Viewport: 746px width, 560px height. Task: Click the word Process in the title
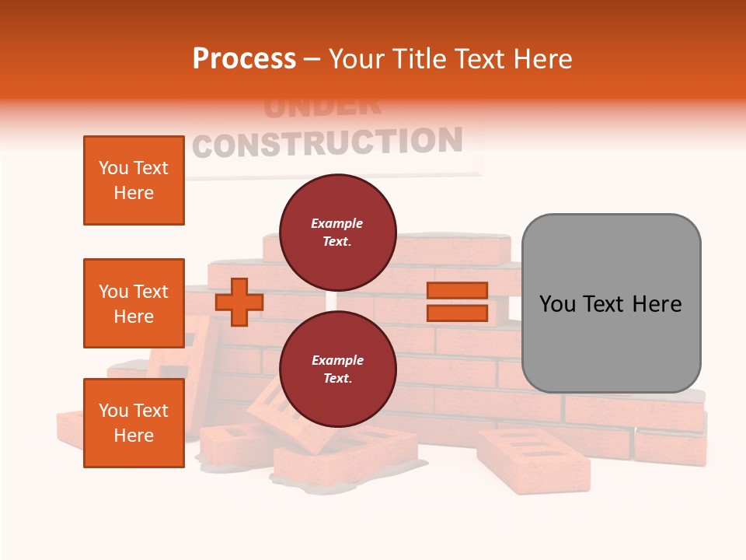tap(244, 59)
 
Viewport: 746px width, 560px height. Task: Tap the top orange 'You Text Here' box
tap(134, 180)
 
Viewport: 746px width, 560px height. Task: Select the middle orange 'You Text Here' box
tap(134, 303)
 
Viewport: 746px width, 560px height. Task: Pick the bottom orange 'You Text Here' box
tap(134, 423)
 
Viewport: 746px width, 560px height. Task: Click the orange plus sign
tap(239, 302)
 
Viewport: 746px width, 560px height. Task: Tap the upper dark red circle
tap(337, 233)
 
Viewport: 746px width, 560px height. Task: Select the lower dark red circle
tap(337, 369)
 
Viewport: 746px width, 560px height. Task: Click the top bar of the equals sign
tap(457, 291)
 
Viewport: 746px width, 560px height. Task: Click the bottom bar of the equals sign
tap(457, 313)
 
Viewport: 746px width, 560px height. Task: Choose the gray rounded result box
tap(611, 303)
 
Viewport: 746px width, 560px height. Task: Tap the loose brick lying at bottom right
tap(533, 460)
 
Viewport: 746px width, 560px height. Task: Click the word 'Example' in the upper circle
tap(337, 223)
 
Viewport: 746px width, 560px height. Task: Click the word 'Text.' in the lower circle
tap(337, 379)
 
